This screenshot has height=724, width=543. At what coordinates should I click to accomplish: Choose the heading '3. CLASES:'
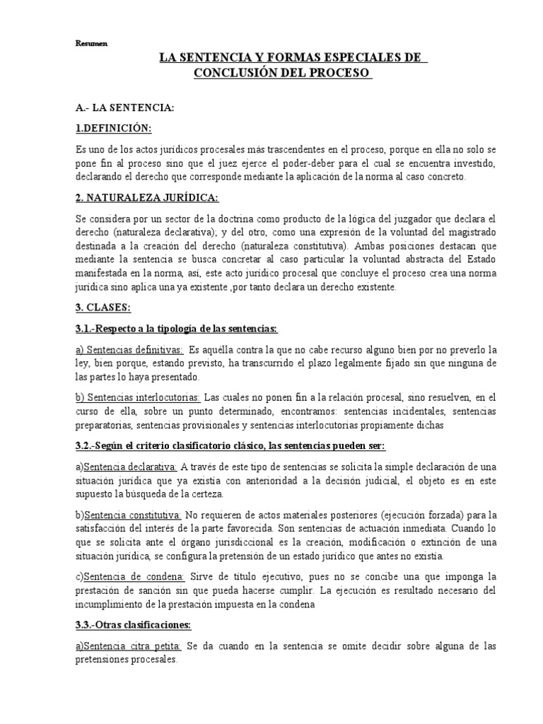click(x=103, y=308)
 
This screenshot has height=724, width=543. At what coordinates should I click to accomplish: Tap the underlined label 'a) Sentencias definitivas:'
click(x=129, y=350)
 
